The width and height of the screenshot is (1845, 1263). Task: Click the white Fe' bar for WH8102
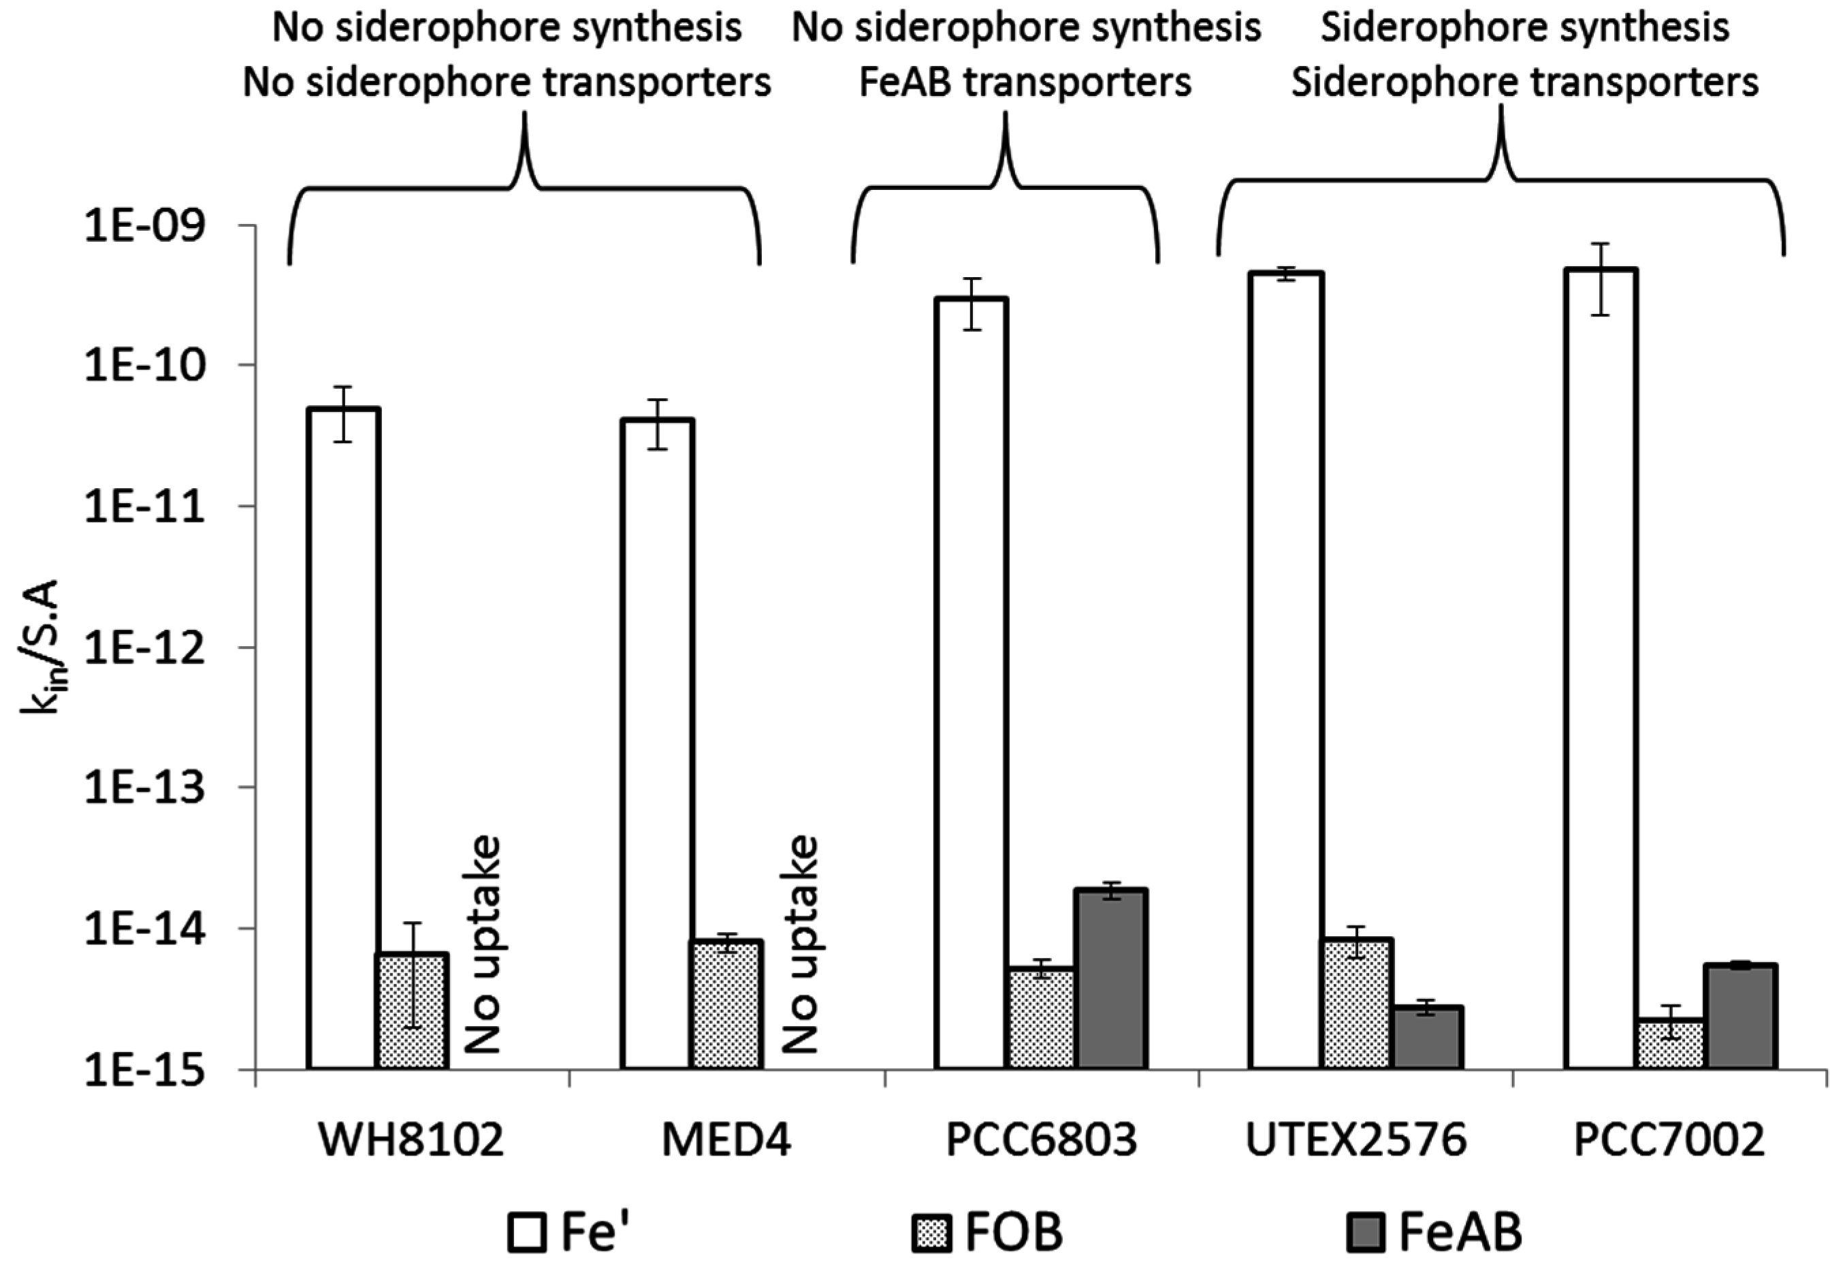coord(344,738)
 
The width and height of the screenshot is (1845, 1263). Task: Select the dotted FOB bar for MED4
coord(728,1004)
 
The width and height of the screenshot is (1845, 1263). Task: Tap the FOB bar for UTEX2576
coord(1358,1004)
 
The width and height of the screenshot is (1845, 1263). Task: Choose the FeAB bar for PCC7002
coord(1742,1016)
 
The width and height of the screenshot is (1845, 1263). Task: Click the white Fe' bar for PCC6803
coord(972,683)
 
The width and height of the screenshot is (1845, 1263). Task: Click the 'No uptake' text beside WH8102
coord(482,944)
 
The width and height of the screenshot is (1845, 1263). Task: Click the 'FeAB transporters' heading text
coord(1025,82)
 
